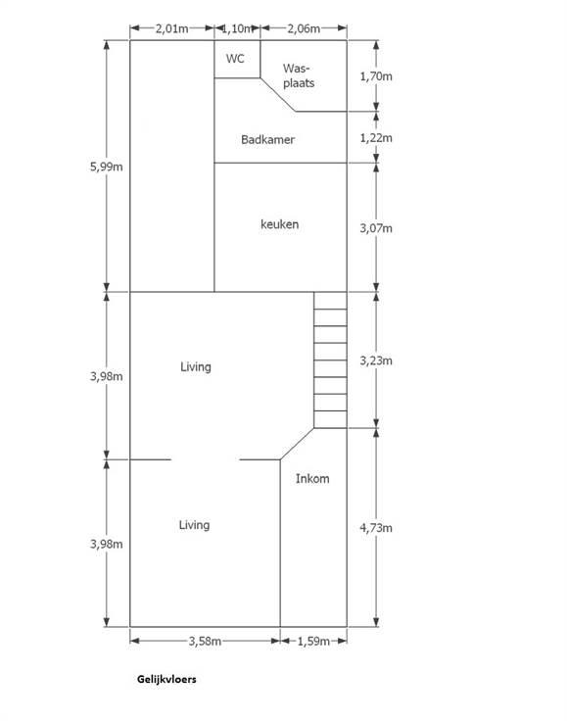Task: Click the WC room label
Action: coord(235,59)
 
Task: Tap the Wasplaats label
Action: coord(299,75)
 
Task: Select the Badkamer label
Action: coord(268,139)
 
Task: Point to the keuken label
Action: coord(279,224)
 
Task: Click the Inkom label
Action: coord(312,479)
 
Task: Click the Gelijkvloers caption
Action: coord(166,679)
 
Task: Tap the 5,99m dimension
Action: coord(106,167)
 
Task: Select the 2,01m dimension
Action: coord(171,28)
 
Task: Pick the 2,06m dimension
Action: coord(304,28)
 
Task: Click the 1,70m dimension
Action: coord(376,76)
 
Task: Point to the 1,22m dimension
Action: coord(376,138)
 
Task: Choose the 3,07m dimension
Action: coord(376,228)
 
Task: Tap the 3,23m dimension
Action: coord(376,360)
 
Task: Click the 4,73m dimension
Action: coord(376,528)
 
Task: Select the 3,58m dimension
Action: coord(205,641)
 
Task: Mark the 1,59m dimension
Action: coord(313,641)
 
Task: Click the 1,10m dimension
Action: coord(237,28)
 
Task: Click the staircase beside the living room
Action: coord(330,360)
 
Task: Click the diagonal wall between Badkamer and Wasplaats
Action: coord(278,95)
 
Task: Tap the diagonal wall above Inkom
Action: coord(298,444)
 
